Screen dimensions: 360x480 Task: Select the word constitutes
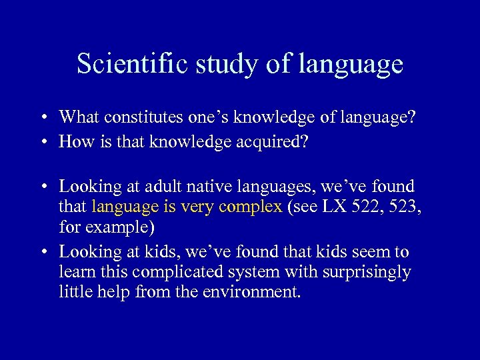point(145,117)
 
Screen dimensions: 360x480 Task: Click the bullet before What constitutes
point(41,118)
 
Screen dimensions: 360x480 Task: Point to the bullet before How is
point(41,142)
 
